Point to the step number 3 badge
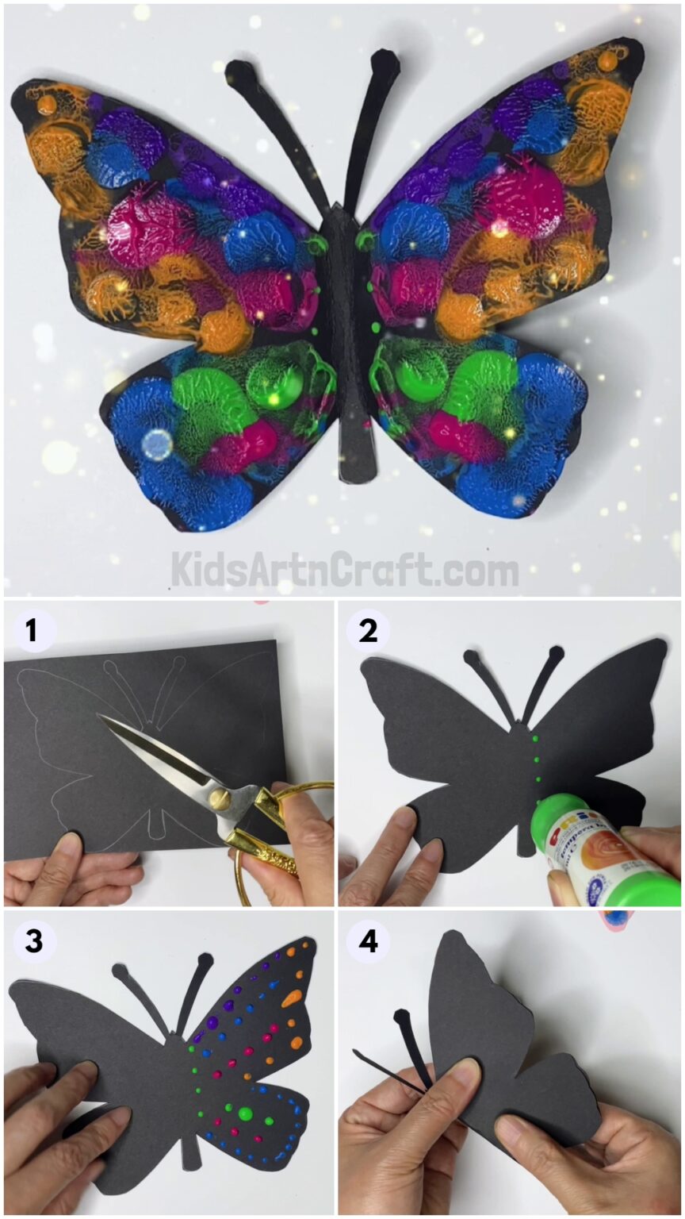32,941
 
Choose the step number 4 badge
368,941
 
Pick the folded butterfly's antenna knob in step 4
402,1017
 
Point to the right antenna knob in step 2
555,654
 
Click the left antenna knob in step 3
121,971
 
